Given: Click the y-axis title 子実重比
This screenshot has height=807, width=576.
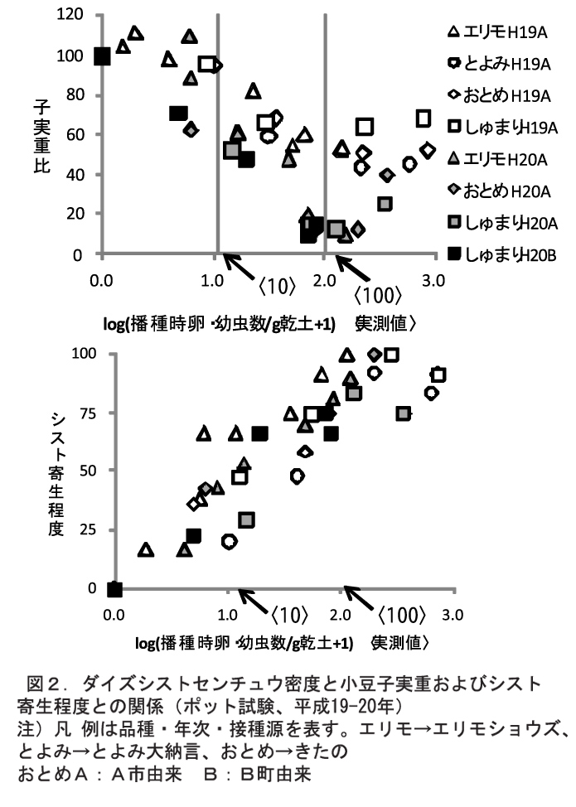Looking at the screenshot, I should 40,135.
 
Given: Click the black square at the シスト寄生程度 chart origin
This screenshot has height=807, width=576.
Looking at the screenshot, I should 115,589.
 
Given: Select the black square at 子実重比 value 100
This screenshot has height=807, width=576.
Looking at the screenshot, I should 102,56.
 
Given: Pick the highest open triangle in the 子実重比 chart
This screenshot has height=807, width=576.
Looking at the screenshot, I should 136,33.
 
